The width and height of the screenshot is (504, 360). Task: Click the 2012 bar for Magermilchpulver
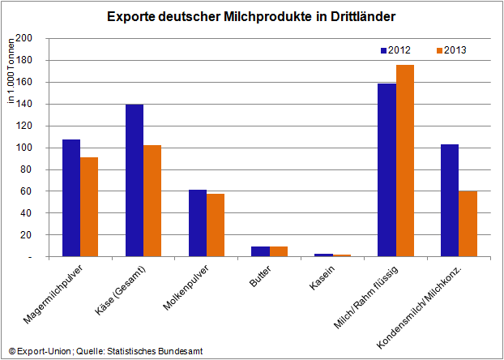pyautogui.click(x=71, y=198)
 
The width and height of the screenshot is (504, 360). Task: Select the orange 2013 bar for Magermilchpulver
pyautogui.click(x=89, y=206)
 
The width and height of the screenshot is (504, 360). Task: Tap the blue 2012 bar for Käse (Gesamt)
pyautogui.click(x=135, y=180)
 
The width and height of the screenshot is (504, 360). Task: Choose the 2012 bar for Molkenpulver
pyautogui.click(x=198, y=223)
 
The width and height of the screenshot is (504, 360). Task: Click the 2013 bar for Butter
pyautogui.click(x=279, y=251)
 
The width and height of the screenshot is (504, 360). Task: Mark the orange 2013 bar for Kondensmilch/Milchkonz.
pyautogui.click(x=468, y=224)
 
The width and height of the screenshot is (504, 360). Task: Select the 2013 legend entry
pyautogui.click(x=451, y=50)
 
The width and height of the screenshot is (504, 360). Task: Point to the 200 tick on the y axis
pyautogui.click(x=31, y=38)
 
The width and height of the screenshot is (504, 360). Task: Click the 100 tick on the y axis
pyautogui.click(x=31, y=148)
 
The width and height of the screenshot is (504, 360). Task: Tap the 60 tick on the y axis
pyautogui.click(x=33, y=191)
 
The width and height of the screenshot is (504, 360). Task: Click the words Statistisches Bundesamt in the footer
pyautogui.click(x=156, y=350)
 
